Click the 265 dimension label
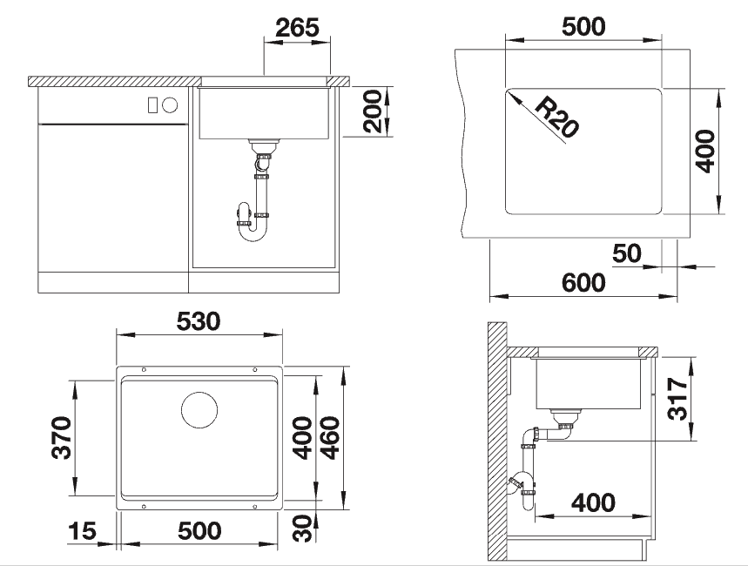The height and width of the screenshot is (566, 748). [297, 28]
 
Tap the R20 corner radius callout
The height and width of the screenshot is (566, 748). [556, 117]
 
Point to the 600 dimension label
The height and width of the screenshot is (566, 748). [583, 283]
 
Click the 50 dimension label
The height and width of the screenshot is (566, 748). [627, 253]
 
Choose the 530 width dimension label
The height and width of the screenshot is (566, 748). [199, 321]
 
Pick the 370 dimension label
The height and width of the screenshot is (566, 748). [62, 438]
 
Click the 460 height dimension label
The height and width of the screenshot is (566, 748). [330, 438]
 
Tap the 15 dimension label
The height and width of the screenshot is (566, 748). [82, 531]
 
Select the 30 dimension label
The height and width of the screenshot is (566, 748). [303, 529]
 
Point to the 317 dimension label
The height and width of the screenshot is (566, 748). [677, 399]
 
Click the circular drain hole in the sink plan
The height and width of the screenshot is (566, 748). [199, 410]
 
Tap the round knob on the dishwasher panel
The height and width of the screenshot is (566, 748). [170, 105]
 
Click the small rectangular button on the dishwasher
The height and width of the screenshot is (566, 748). [152, 105]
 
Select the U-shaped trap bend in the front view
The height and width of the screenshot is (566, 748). [253, 232]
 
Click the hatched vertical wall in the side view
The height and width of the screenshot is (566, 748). [497, 441]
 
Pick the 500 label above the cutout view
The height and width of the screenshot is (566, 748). [583, 27]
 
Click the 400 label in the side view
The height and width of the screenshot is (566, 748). [594, 503]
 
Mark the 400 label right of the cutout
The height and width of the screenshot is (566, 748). [705, 152]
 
